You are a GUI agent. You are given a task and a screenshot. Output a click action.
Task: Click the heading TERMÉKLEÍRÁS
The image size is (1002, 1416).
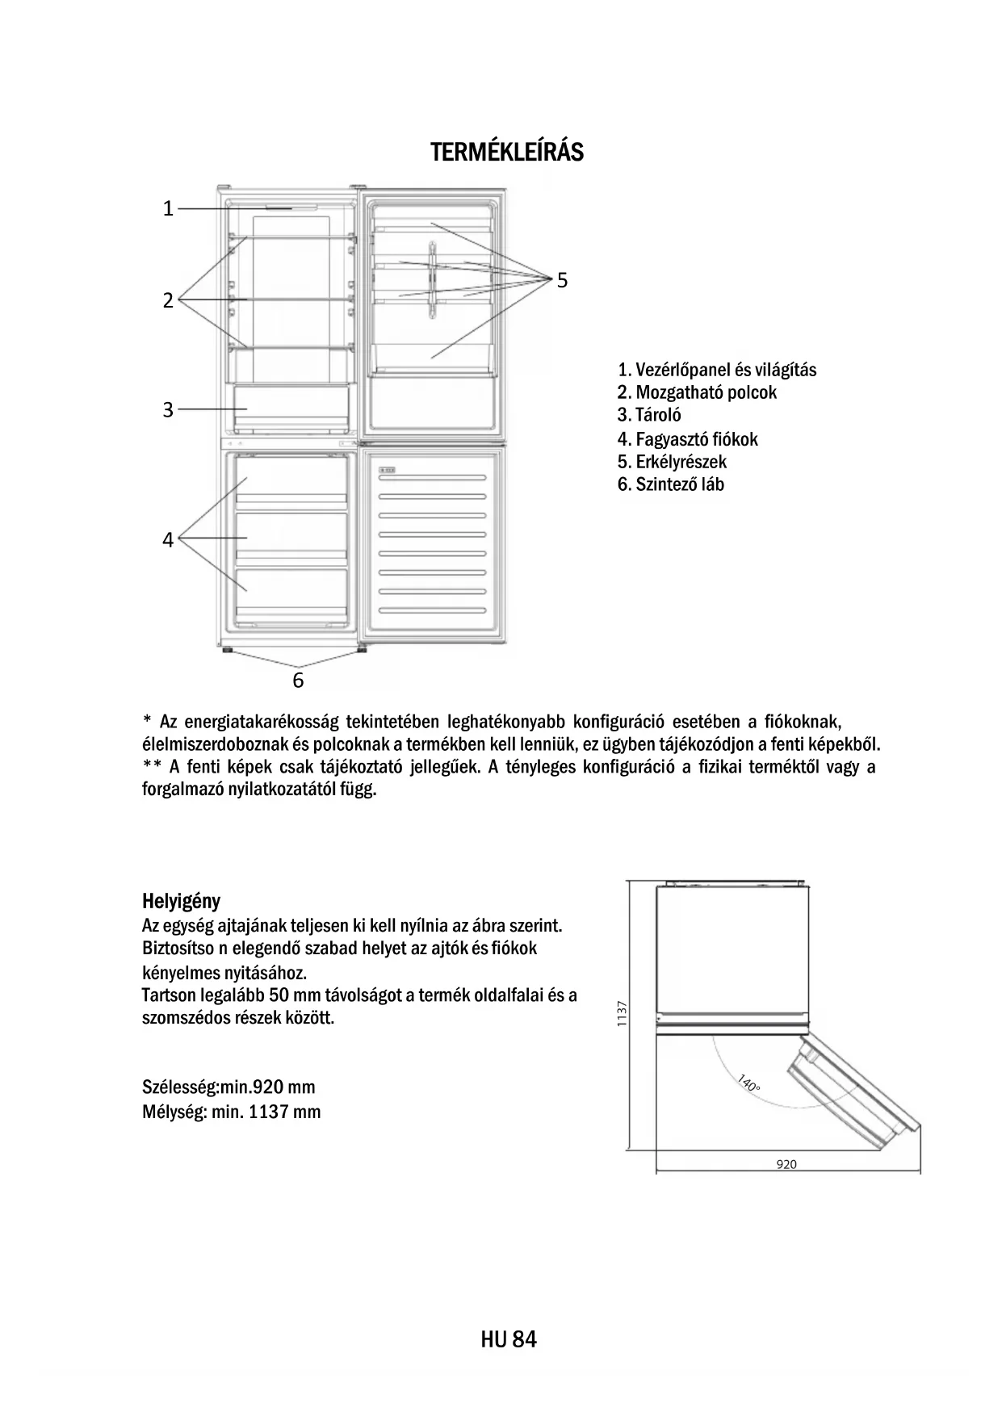[x=506, y=152]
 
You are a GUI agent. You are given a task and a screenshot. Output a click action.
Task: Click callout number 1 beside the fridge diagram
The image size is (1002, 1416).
[x=168, y=209]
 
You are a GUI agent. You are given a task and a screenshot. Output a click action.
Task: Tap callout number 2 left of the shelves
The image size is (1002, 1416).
[x=168, y=300]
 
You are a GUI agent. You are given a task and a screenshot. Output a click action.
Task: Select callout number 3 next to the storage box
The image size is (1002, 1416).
[x=168, y=410]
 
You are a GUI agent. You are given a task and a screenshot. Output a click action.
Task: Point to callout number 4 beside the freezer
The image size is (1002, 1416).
[x=168, y=539]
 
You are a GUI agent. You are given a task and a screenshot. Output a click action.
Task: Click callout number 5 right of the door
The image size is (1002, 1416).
[x=562, y=280]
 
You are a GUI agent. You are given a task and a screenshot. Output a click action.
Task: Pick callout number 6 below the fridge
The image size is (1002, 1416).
[x=298, y=681]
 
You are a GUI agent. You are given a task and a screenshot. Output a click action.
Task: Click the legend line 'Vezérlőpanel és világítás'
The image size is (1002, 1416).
[x=717, y=370]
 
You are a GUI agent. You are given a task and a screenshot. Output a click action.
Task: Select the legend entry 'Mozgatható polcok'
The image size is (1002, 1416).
[x=697, y=392]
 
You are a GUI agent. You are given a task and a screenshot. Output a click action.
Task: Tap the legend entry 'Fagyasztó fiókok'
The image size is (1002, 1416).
[x=688, y=439]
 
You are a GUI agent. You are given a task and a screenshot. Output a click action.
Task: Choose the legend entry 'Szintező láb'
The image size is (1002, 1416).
[x=671, y=484]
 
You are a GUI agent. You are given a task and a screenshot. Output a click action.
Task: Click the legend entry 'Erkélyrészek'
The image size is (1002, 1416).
[x=672, y=462]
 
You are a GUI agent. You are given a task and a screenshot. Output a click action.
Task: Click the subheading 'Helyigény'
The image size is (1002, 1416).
[x=181, y=901]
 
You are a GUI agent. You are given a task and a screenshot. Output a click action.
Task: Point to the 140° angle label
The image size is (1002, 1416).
[x=748, y=1083]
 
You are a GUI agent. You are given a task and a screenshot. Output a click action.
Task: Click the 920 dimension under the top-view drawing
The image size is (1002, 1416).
[x=786, y=1164]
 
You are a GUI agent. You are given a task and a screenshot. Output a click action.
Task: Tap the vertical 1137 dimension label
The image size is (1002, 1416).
[x=622, y=1014]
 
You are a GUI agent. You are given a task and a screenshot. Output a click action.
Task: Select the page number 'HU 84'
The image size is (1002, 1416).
[x=508, y=1339]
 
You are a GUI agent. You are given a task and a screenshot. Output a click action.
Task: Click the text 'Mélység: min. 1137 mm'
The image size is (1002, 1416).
[x=231, y=1112]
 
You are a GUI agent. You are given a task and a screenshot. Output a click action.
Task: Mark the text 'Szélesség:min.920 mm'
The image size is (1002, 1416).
[x=228, y=1087]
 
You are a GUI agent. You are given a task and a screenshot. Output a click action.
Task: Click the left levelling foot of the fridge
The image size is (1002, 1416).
[x=228, y=649]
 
